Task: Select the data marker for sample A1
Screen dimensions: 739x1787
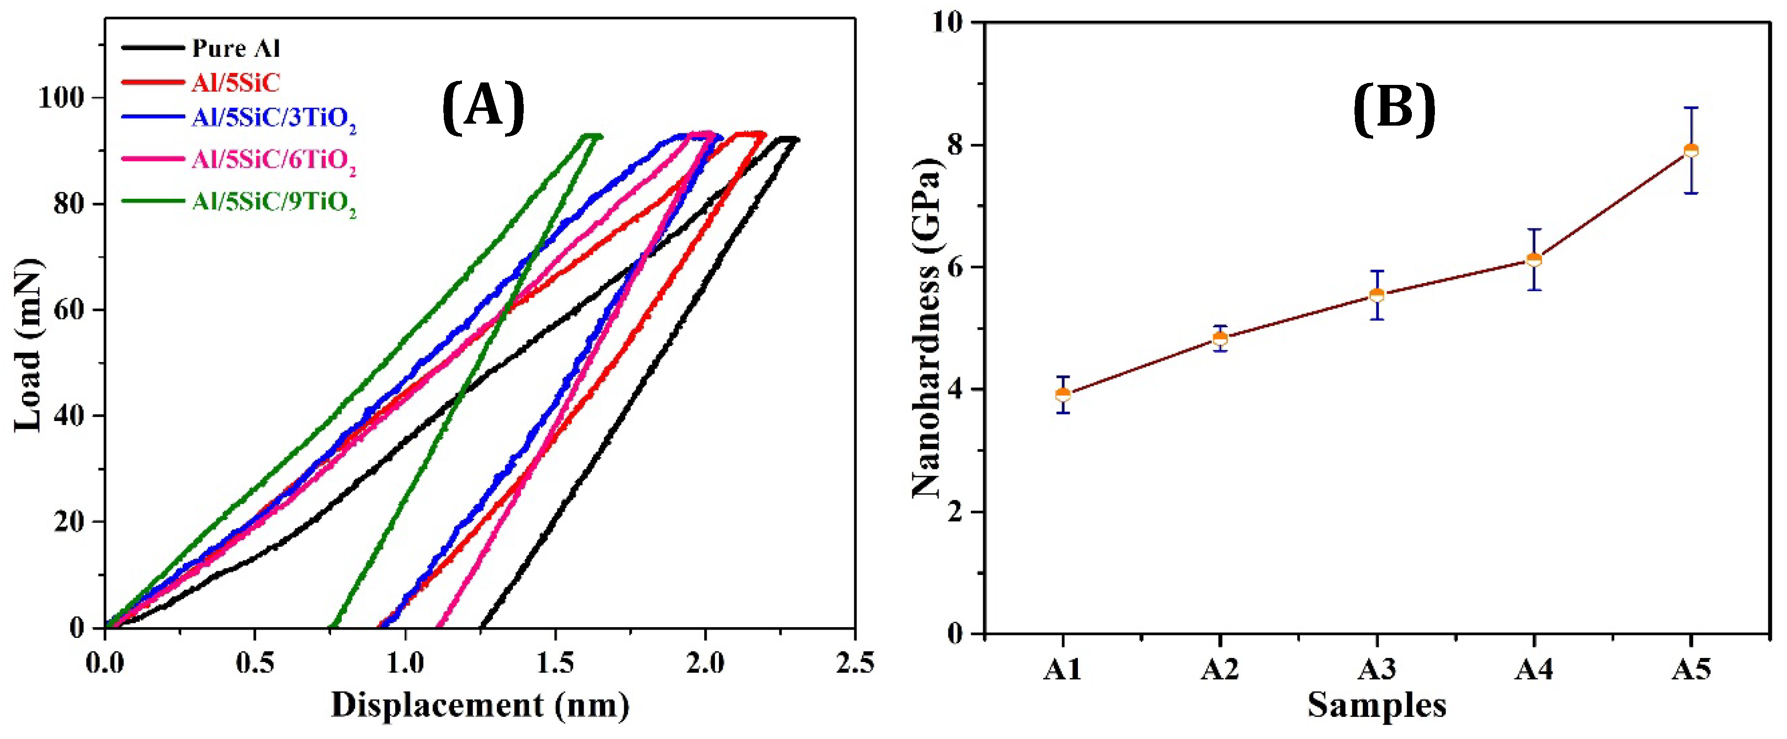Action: [1063, 395]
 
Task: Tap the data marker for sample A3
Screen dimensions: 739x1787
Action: [1377, 295]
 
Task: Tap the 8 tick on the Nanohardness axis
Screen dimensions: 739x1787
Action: [956, 145]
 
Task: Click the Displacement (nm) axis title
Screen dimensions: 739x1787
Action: [480, 706]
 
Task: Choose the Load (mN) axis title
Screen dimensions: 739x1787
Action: [29, 345]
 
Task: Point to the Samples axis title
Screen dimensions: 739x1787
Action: [1377, 706]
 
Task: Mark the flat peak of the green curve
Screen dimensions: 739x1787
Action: [590, 136]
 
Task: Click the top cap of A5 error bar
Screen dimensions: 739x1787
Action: [1691, 107]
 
